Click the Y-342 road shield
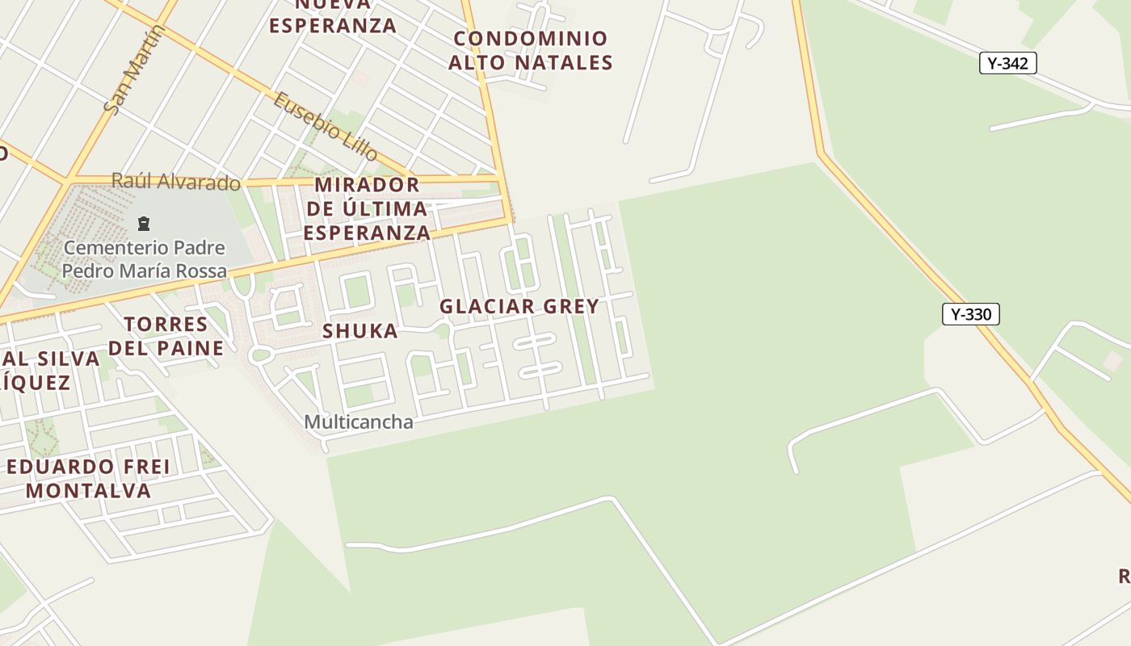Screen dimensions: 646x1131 [1007, 63]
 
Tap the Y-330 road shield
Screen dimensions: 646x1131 [970, 314]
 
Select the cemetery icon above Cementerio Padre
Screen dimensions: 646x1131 [144, 223]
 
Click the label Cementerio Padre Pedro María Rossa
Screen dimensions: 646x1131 [145, 259]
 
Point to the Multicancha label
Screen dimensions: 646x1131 [359, 422]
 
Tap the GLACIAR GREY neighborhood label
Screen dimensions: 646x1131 [519, 306]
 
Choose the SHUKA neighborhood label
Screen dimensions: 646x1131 [360, 330]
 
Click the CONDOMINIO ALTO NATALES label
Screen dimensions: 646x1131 [530, 50]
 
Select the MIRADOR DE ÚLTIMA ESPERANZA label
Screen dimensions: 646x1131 [368, 208]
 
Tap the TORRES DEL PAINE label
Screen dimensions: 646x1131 [166, 336]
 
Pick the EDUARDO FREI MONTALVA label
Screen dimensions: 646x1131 [89, 478]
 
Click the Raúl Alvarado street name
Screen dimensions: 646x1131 [175, 182]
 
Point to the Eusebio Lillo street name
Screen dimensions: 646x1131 [325, 125]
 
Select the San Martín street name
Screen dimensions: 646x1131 [135, 69]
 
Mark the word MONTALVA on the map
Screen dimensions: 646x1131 [89, 490]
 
